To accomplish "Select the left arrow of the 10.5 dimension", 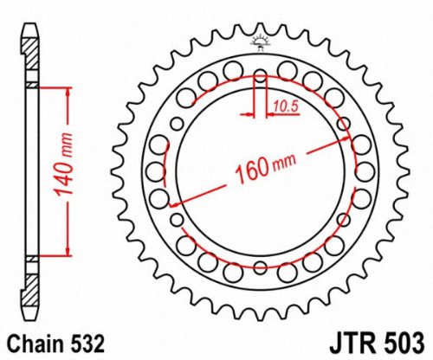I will click(x=251, y=113).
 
